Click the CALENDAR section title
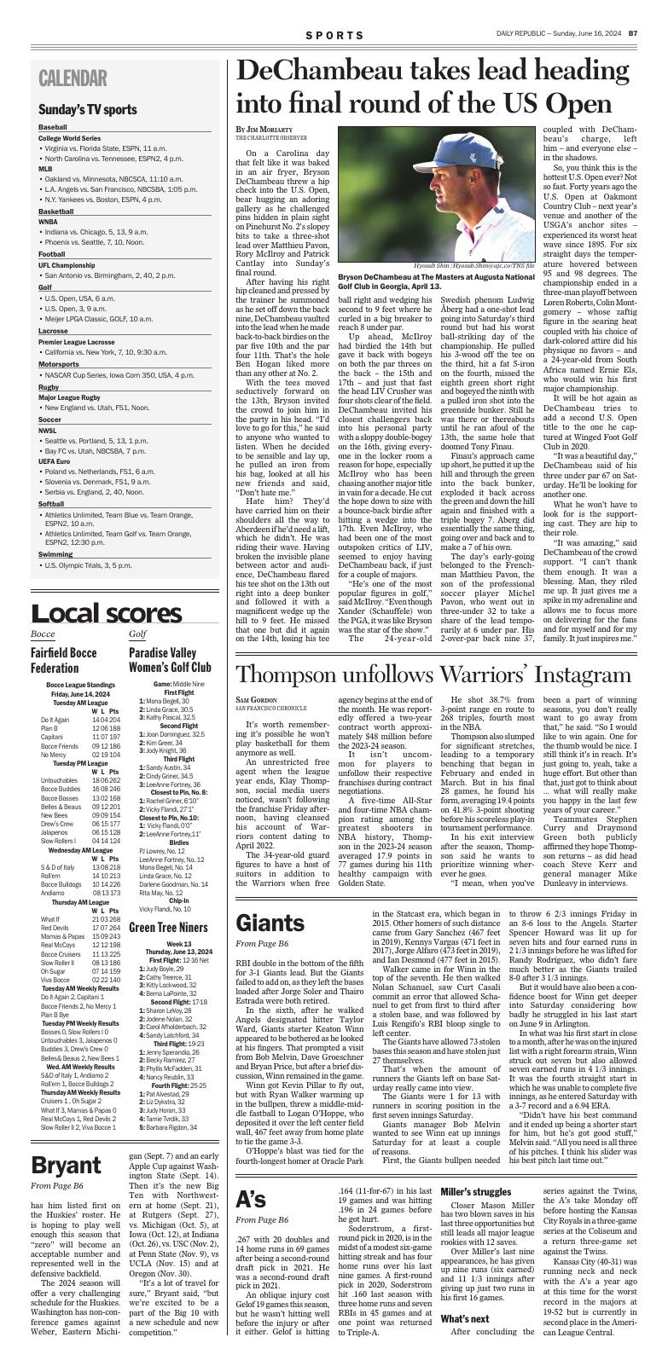click(x=73, y=78)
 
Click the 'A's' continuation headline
click(x=251, y=1199)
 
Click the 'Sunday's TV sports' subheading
click(x=88, y=109)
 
